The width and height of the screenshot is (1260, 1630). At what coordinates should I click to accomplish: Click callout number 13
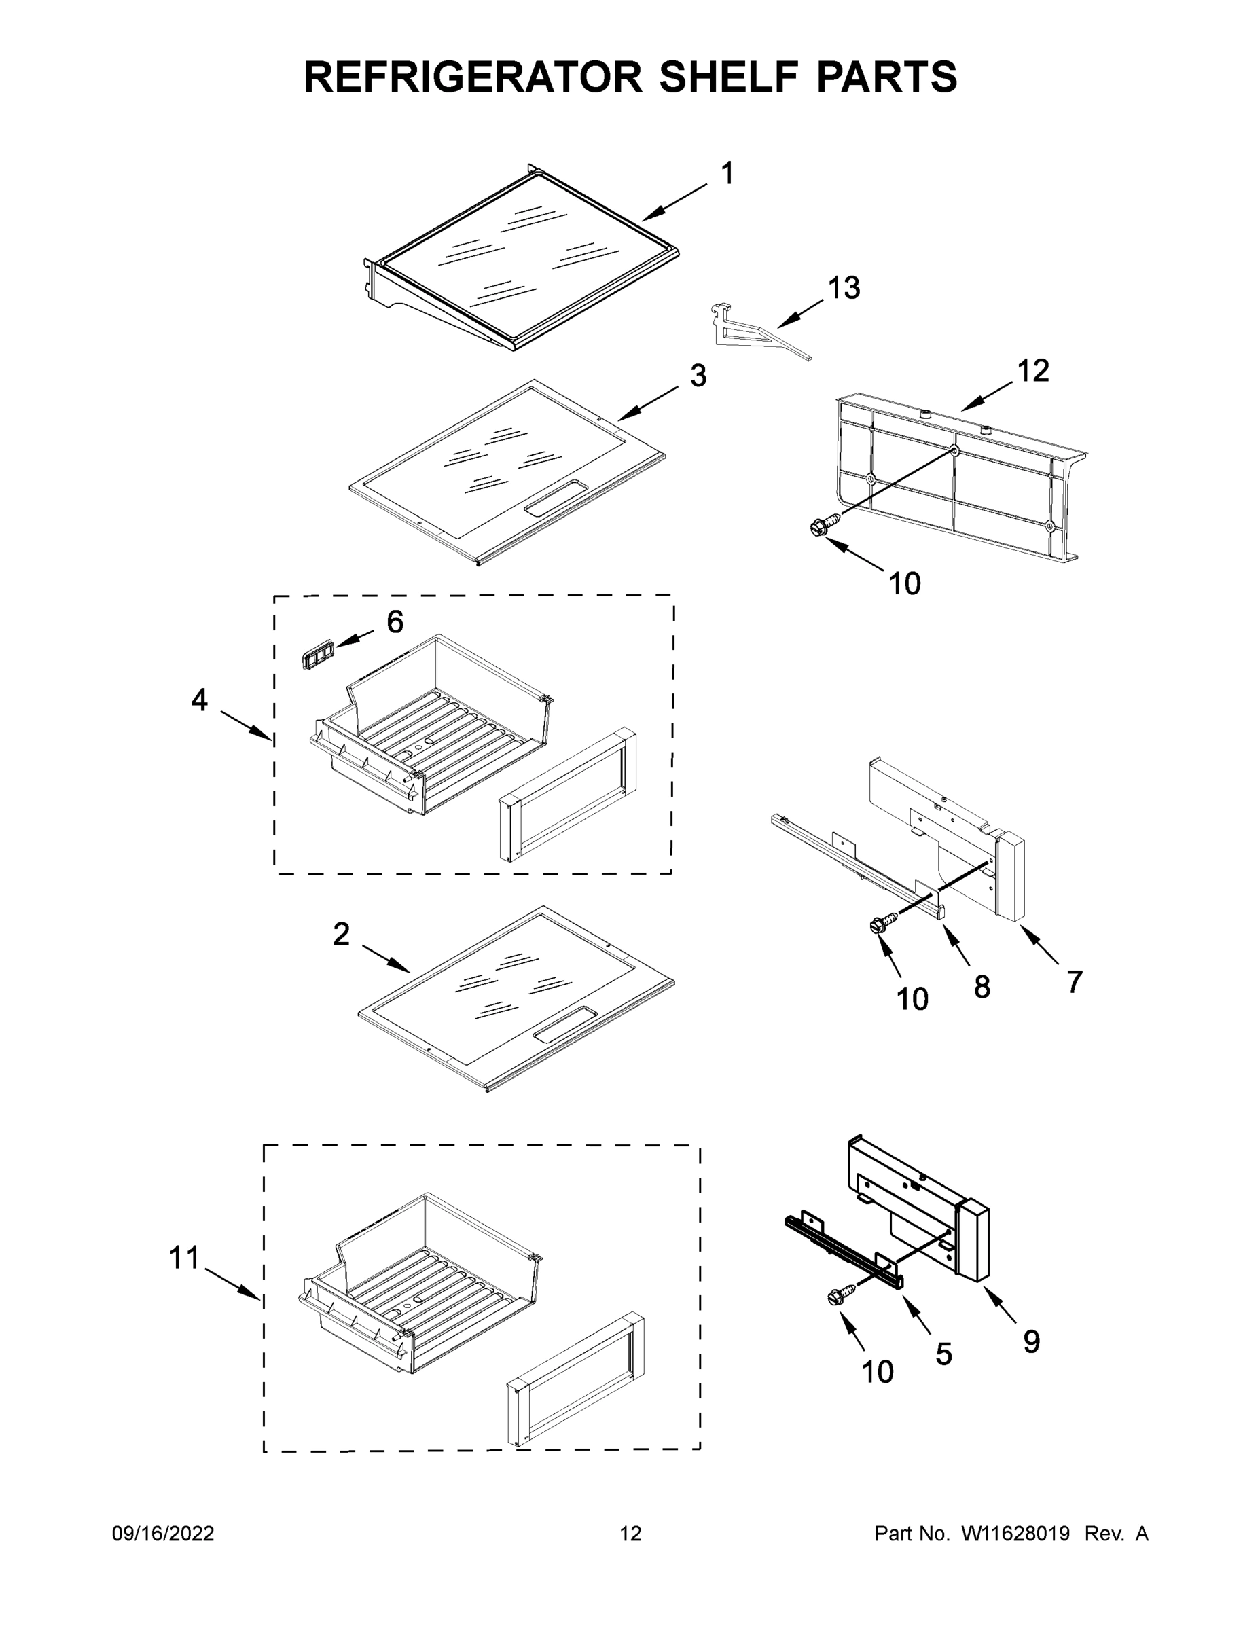pyautogui.click(x=844, y=287)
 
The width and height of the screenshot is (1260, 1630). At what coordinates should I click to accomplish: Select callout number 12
pyautogui.click(x=1033, y=370)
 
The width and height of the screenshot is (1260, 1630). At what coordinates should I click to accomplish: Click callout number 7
pyautogui.click(x=1073, y=981)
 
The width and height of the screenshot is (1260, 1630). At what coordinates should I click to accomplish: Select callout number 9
pyautogui.click(x=1031, y=1341)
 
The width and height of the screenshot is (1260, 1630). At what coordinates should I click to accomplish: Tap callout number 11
pyautogui.click(x=183, y=1258)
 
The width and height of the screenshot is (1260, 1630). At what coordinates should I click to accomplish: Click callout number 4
pyautogui.click(x=199, y=700)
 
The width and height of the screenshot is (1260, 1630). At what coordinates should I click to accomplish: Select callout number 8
pyautogui.click(x=982, y=987)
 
